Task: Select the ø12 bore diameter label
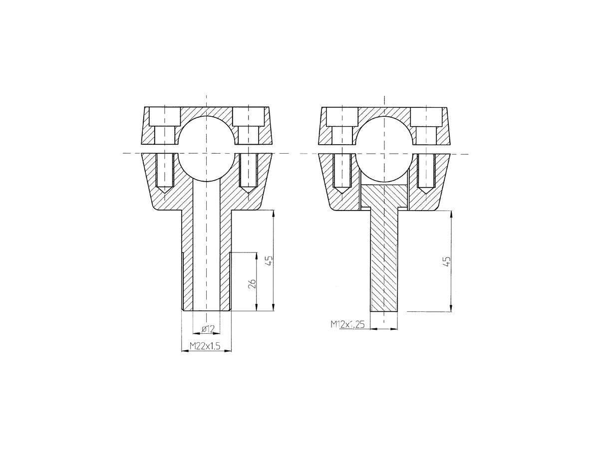click(x=208, y=329)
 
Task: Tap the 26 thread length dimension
click(x=253, y=284)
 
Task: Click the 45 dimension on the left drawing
click(x=270, y=261)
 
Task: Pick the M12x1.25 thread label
click(x=347, y=324)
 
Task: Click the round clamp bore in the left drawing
click(x=206, y=149)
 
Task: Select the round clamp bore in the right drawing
click(x=384, y=149)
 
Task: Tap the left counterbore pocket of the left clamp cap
click(x=165, y=116)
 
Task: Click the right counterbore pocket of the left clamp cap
click(x=248, y=116)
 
